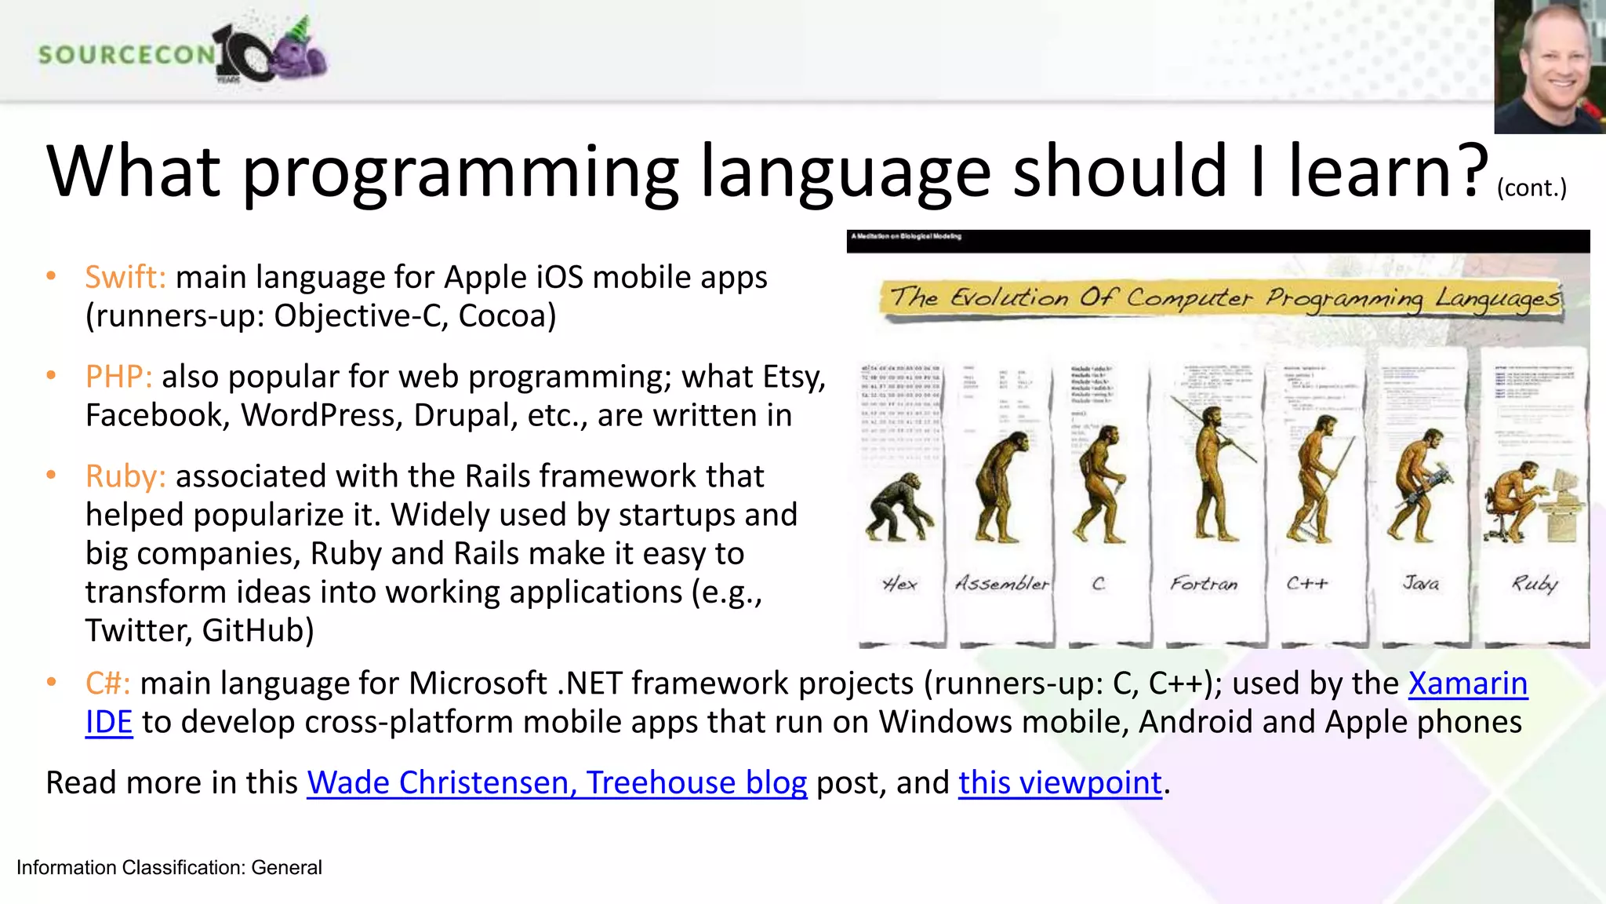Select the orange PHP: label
tap(118, 377)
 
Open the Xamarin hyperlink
tap(1467, 683)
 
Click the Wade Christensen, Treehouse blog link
tap(557, 783)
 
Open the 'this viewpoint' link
tap(1059, 783)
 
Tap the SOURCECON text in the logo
tap(125, 55)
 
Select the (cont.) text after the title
tap(1531, 188)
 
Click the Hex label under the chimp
tap(899, 584)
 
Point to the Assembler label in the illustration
tap(1001, 584)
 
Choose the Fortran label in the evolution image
tap(1204, 584)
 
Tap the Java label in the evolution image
tap(1420, 584)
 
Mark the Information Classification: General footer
tap(169, 868)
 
